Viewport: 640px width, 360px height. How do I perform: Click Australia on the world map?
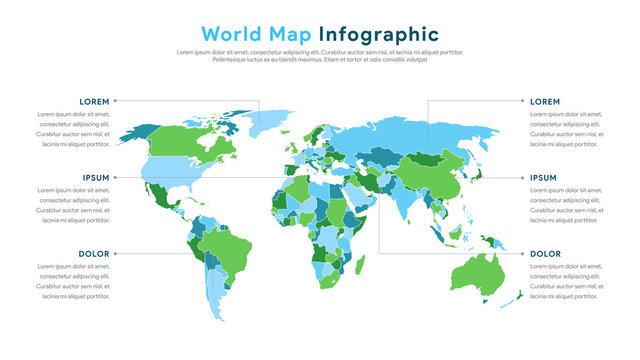477,271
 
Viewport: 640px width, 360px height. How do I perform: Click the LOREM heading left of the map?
95,101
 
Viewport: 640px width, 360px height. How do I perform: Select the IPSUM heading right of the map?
543,177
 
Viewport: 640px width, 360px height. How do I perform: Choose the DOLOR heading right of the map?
545,254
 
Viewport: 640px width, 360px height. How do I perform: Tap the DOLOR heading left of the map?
94,254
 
